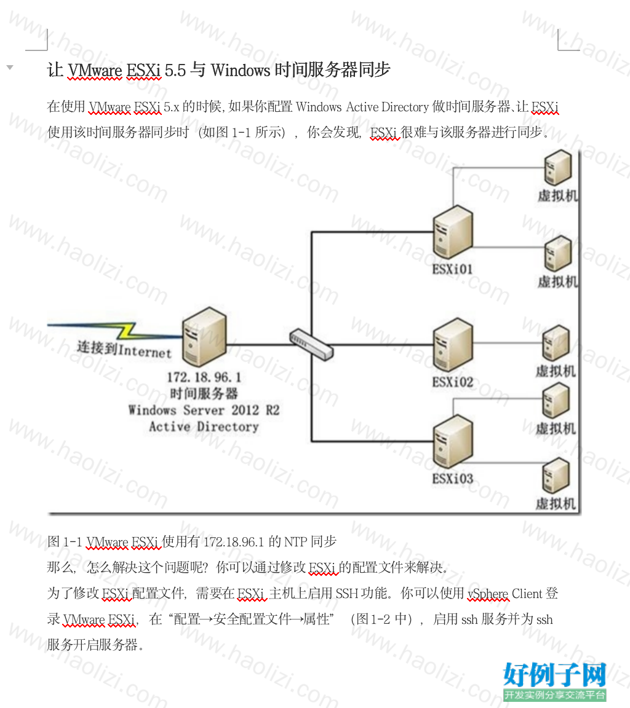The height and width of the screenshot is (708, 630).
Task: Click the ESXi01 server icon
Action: tap(453, 232)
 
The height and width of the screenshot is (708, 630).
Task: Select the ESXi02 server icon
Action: tap(453, 345)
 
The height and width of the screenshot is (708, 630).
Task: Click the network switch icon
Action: tap(311, 344)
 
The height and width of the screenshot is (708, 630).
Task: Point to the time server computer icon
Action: tap(204, 336)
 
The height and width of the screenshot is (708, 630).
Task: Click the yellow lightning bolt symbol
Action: tap(127, 331)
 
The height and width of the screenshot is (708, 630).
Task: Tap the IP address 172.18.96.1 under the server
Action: tap(204, 377)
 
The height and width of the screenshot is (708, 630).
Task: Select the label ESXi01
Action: tap(452, 269)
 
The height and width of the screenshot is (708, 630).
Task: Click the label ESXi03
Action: tap(452, 478)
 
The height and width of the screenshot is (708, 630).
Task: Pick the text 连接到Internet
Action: tap(124, 350)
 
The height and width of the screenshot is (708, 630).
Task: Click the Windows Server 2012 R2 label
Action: tap(204, 410)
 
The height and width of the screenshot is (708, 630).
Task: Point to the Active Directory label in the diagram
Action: tap(204, 427)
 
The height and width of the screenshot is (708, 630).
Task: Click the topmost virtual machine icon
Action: tap(557, 167)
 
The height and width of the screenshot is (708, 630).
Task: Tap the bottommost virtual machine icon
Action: tap(556, 476)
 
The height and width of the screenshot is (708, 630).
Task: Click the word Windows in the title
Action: tap(241, 70)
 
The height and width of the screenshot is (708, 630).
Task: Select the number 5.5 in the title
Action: tap(175, 71)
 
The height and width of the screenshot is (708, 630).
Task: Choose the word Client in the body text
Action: tap(527, 593)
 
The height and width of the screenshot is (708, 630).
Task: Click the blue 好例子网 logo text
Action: tap(554, 675)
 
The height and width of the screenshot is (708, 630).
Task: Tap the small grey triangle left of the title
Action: tap(10, 68)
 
